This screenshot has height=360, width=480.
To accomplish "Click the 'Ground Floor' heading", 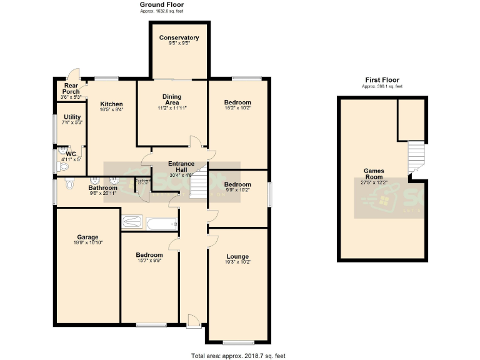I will click(161, 5).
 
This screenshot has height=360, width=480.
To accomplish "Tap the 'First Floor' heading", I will click(382, 79).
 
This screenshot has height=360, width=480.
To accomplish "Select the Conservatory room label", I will click(179, 37).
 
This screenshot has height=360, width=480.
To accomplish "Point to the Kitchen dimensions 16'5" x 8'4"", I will click(111, 109).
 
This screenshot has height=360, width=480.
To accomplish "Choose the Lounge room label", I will click(238, 257).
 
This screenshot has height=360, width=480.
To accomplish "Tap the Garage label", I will click(87, 237).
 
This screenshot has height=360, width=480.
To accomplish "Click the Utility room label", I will click(72, 117).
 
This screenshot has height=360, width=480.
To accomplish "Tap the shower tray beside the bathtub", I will click(132, 222).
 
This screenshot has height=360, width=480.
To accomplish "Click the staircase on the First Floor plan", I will click(415, 156).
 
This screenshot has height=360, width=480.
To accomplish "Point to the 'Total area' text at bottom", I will click(238, 355).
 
